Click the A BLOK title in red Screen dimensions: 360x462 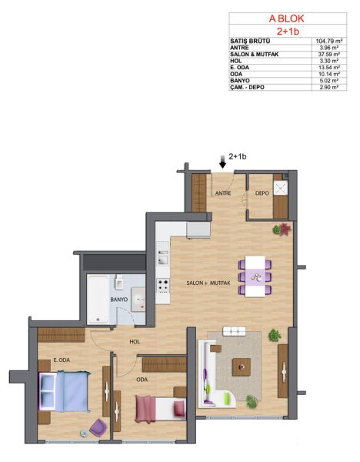click(286, 18)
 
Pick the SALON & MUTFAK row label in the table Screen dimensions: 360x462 click(255, 54)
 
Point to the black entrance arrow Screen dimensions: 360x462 click(223, 162)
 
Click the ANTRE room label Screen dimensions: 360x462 click(223, 193)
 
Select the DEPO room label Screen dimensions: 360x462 click(262, 193)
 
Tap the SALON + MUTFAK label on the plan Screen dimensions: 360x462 click(208, 283)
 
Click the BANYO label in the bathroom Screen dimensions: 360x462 click(119, 300)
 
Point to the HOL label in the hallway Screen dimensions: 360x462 click(135, 342)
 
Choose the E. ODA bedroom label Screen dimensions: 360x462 click(62, 360)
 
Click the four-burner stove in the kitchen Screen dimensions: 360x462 click(163, 286)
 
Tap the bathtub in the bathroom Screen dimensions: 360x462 click(98, 300)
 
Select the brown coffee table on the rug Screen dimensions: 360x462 click(242, 367)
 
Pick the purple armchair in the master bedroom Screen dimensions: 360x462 click(98, 427)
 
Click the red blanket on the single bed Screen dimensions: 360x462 click(145, 410)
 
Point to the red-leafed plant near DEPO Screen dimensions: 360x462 click(285, 229)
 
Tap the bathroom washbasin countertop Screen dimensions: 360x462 click(138, 300)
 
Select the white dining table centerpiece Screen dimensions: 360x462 click(255, 277)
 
